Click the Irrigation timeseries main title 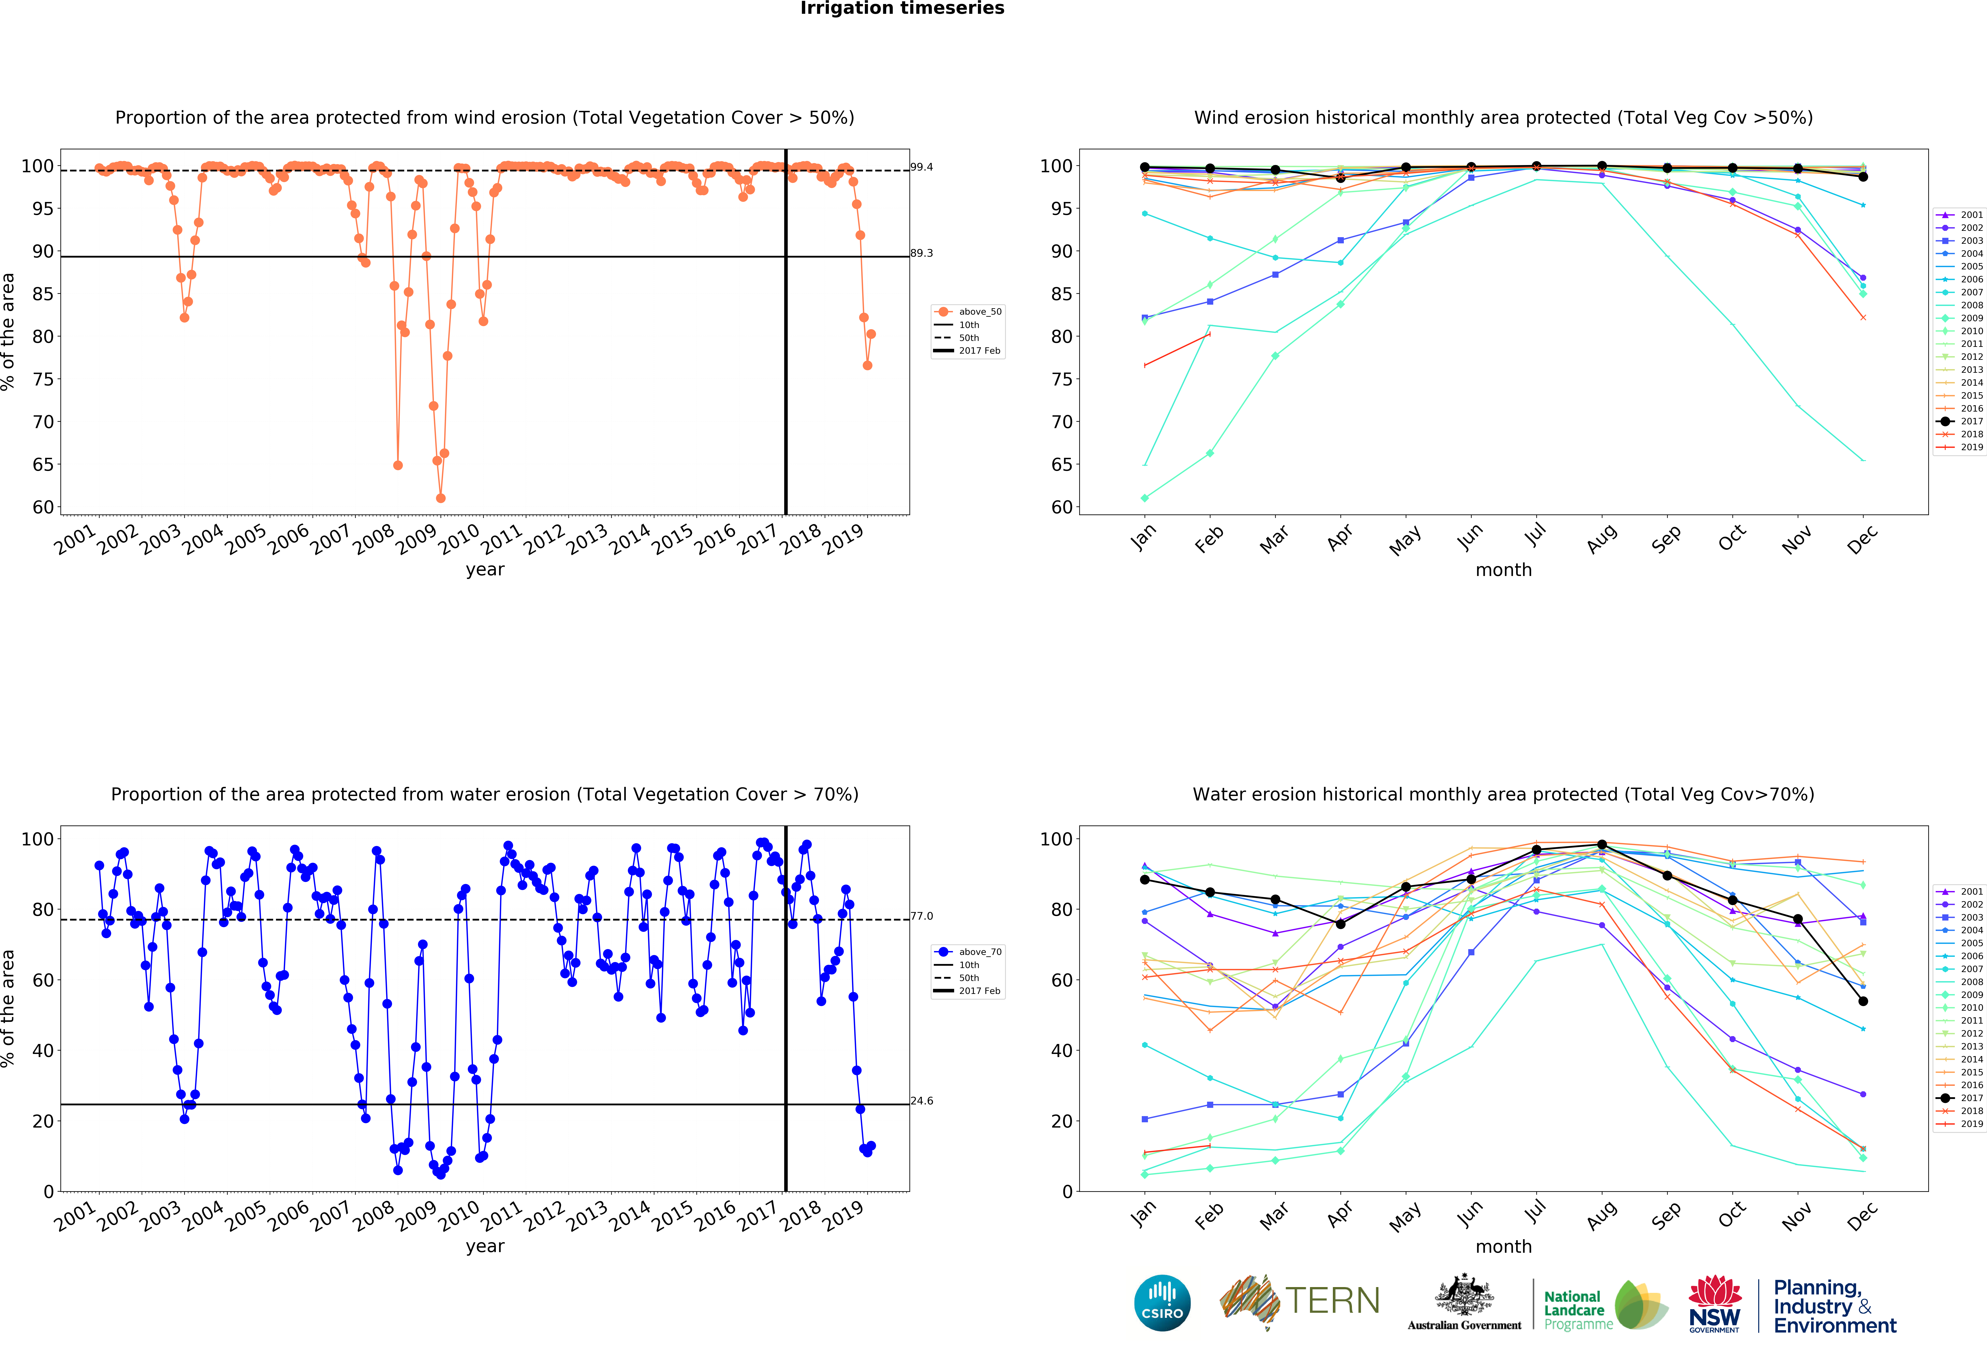pyautogui.click(x=902, y=8)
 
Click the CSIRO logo pyautogui.click(x=1162, y=1303)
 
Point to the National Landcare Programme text pyautogui.click(x=1577, y=1310)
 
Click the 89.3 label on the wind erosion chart pyautogui.click(x=922, y=253)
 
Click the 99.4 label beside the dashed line pyautogui.click(x=922, y=167)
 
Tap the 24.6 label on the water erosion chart pyautogui.click(x=922, y=1101)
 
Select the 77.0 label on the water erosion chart pyautogui.click(x=922, y=916)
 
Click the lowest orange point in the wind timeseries pyautogui.click(x=440, y=498)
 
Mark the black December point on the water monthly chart pyautogui.click(x=1863, y=1001)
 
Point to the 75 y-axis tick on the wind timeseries pyautogui.click(x=43, y=379)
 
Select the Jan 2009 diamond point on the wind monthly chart pyautogui.click(x=1145, y=498)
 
